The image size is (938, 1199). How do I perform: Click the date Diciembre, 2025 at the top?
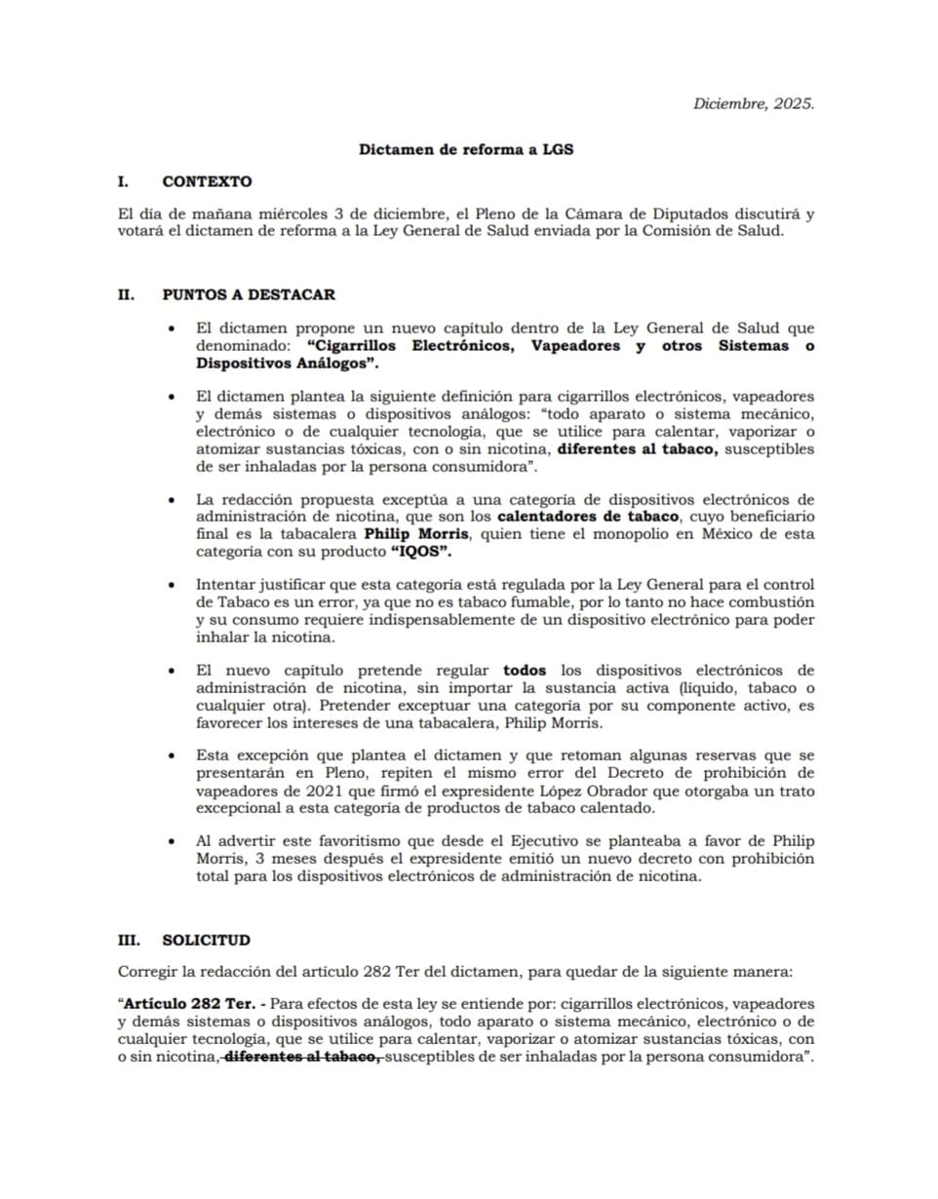(x=753, y=103)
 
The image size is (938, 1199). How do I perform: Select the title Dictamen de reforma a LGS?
(x=466, y=149)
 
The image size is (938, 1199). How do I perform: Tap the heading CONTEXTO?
(x=207, y=181)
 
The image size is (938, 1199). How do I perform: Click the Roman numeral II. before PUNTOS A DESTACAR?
(x=126, y=294)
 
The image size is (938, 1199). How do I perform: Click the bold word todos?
(x=525, y=671)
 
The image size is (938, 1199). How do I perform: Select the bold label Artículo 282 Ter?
(x=187, y=1003)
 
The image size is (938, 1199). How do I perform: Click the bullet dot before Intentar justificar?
(x=173, y=586)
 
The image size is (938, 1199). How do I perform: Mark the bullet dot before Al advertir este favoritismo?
(x=173, y=839)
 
